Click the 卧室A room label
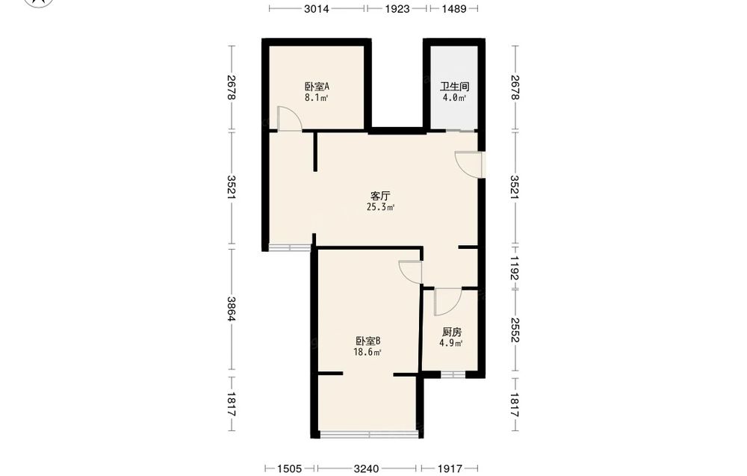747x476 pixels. (317, 87)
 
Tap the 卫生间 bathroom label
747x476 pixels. (454, 87)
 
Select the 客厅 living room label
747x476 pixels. (380, 196)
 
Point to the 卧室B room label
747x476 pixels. (368, 341)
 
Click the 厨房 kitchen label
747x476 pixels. (452, 332)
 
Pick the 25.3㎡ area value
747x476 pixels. (380, 207)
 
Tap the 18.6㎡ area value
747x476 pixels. (368, 353)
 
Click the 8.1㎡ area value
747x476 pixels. (317, 98)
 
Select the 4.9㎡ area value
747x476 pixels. (451, 344)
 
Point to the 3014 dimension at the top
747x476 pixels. (317, 8)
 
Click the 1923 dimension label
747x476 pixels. (397, 8)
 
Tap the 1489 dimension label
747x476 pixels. (454, 8)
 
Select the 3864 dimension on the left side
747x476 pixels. (231, 309)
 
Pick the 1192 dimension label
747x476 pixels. (515, 268)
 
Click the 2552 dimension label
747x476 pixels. (515, 330)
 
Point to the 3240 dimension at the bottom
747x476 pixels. (366, 469)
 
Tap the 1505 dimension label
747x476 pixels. (289, 469)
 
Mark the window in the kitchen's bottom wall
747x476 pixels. (453, 375)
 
